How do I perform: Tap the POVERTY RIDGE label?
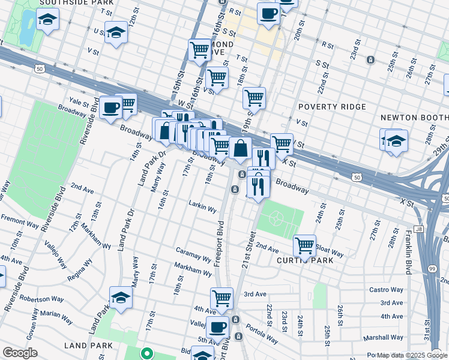[x=332, y=107]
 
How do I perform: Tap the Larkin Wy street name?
[x=202, y=208]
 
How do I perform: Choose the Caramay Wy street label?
[x=193, y=254]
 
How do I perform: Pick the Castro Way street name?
[x=386, y=290]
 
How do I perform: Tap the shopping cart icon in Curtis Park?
[x=304, y=245]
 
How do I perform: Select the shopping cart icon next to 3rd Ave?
[x=221, y=298]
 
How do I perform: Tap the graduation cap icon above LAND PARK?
[x=121, y=298]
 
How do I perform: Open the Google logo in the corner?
[x=20, y=352]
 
